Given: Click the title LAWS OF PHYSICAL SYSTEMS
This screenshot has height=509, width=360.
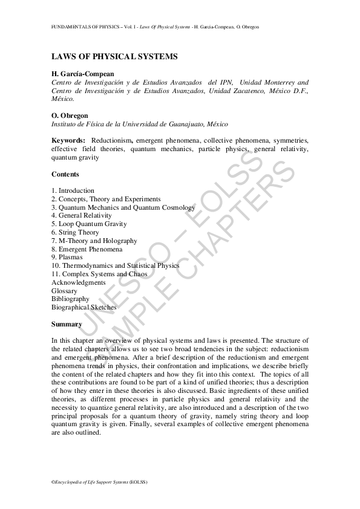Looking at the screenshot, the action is (x=114, y=57).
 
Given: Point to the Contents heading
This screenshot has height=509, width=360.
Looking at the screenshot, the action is (x=65, y=174).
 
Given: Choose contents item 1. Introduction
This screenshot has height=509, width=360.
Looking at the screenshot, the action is (x=73, y=190).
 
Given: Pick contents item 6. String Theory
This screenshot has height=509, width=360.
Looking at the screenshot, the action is (x=75, y=232).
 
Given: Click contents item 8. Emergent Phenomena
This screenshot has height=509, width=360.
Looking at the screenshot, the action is (x=87, y=249).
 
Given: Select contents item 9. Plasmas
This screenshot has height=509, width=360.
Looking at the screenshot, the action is (x=67, y=257).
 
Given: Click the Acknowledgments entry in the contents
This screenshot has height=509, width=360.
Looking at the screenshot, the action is (x=79, y=282).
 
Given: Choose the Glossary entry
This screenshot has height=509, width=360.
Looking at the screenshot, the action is (x=65, y=291).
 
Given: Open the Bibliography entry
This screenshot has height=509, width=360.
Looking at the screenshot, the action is (x=70, y=299).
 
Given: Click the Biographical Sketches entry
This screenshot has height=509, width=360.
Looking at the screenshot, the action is (x=84, y=307).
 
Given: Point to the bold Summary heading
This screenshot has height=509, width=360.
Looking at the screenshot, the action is (x=67, y=324).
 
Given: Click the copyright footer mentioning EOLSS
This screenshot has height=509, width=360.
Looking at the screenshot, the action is (x=99, y=482).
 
